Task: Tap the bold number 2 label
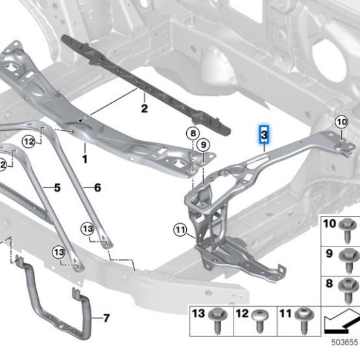145,108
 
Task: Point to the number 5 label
56,188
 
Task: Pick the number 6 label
97,188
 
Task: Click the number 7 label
106,318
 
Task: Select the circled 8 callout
192,134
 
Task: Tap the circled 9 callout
204,144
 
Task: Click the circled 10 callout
341,121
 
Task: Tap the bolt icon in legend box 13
217,318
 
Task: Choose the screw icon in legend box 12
262,318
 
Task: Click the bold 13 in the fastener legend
198,314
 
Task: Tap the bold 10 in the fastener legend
330,224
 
